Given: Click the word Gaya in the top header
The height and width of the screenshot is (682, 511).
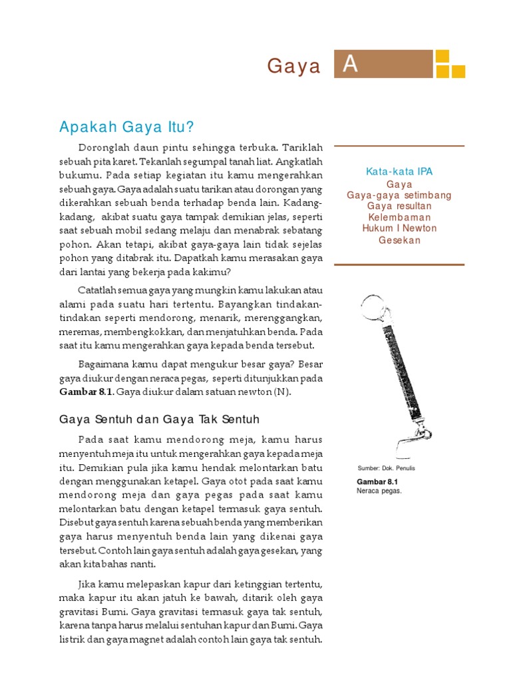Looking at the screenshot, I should (x=294, y=66).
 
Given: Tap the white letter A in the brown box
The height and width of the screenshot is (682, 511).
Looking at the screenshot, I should (x=351, y=65).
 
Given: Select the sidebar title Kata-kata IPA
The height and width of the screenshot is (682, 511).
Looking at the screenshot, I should (x=399, y=172).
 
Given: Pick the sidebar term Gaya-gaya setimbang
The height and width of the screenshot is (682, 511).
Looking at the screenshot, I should (x=399, y=195).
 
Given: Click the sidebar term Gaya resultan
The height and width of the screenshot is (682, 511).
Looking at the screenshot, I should (x=399, y=206).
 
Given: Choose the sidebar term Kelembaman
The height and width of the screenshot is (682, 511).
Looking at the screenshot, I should (x=399, y=217).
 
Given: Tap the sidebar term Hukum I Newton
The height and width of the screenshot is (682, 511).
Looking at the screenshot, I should (x=399, y=228).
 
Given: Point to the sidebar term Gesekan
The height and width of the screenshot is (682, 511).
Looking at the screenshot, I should (x=399, y=240).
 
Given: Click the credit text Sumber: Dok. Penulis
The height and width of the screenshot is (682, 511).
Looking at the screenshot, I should (x=387, y=468).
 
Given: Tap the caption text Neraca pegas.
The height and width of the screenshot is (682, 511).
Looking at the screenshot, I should (x=379, y=491).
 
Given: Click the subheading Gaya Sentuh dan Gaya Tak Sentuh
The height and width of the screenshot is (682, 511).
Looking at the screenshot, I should (x=159, y=420).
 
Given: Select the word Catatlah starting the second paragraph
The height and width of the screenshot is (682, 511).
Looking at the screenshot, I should (x=100, y=290).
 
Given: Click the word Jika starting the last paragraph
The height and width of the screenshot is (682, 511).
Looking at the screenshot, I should (x=88, y=584).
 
